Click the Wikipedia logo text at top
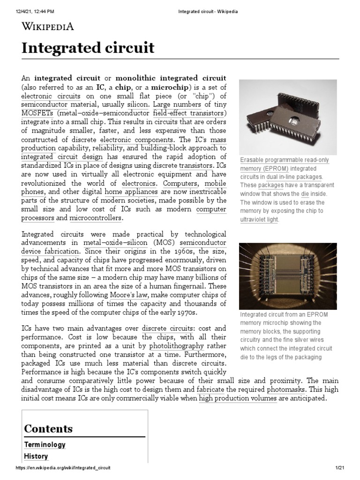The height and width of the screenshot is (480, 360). [48, 26]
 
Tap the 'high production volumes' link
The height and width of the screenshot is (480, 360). [238, 398]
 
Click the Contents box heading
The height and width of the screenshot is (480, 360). [48, 428]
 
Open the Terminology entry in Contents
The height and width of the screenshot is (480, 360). [45, 444]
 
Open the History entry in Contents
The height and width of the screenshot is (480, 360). [36, 456]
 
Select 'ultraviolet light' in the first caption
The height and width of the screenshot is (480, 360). [259, 219]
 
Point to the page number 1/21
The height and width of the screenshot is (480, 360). [340, 468]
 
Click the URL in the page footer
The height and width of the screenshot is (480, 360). [63, 468]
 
